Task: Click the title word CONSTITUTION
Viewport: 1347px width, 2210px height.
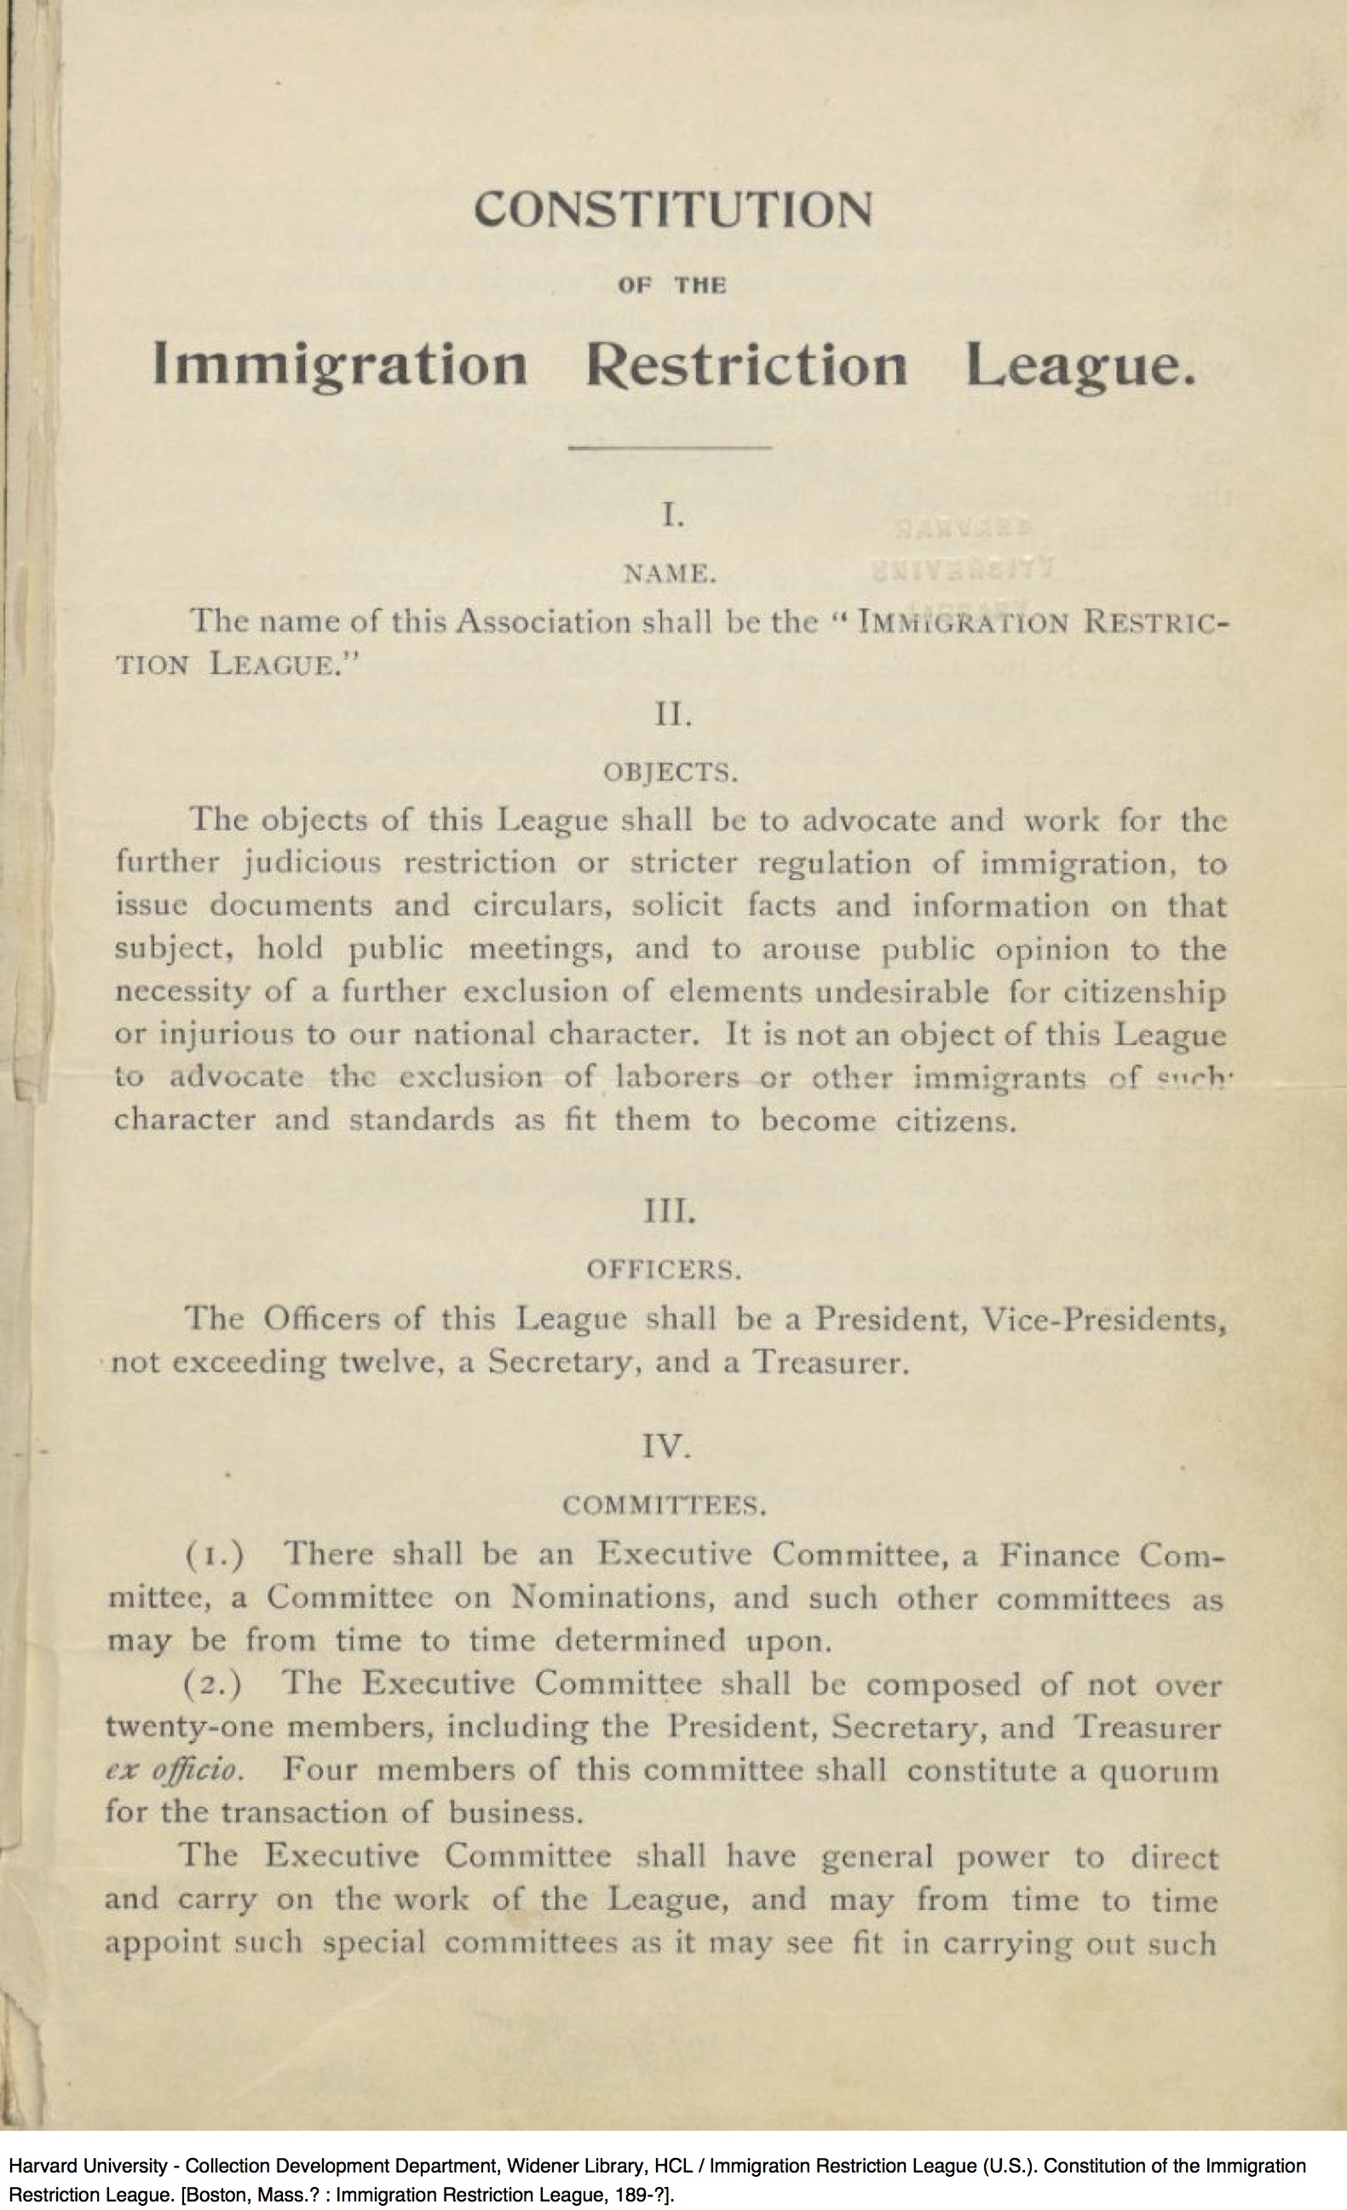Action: [672, 210]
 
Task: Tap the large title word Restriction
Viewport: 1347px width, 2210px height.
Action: [746, 366]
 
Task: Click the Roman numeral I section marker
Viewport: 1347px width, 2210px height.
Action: [672, 516]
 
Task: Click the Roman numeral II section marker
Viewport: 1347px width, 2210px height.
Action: [672, 716]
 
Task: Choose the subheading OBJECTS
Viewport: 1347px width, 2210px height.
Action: [671, 773]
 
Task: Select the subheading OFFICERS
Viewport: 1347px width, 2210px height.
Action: [665, 1270]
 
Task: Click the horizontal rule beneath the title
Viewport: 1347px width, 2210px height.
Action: [671, 447]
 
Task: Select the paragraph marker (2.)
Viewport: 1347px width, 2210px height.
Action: [212, 1684]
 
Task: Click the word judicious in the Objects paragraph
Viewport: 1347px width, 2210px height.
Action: [313, 863]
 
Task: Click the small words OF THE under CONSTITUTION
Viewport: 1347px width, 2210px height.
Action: [671, 286]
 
